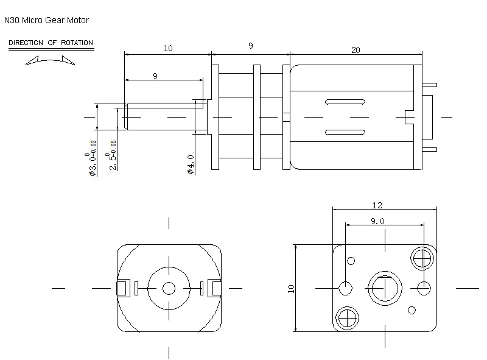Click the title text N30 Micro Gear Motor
click(x=47, y=20)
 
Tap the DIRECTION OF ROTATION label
click(x=51, y=43)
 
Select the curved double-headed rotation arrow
click(x=50, y=60)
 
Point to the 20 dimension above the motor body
click(x=356, y=50)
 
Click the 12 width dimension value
click(x=377, y=205)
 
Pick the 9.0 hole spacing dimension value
click(x=377, y=221)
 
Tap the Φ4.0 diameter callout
click(x=191, y=164)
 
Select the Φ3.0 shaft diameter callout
click(x=93, y=158)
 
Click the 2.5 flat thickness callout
click(x=113, y=155)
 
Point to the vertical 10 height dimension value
click(x=291, y=289)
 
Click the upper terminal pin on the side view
click(x=430, y=85)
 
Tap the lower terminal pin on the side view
click(x=430, y=149)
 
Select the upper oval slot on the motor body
click(x=345, y=102)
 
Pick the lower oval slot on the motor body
click(x=345, y=132)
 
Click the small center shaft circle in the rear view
click(x=169, y=288)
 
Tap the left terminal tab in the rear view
click(x=124, y=288)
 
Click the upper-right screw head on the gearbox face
click(x=422, y=258)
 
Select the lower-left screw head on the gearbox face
click(x=347, y=318)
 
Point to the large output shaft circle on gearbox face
click(x=385, y=288)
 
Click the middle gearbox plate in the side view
click(x=257, y=117)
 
